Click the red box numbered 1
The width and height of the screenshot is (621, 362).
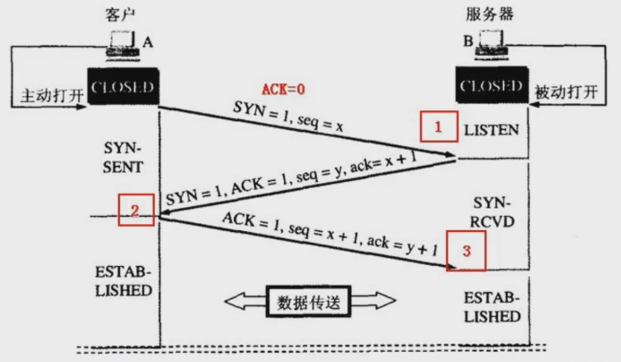tap(438, 128)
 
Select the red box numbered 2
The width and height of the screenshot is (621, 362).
tap(135, 210)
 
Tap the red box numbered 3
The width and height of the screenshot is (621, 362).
tap(466, 251)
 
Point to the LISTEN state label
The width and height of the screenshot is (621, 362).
tap(492, 130)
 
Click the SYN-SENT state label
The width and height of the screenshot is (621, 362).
tap(122, 158)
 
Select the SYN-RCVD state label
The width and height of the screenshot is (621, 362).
tap(493, 212)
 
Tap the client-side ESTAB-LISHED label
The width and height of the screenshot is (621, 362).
tap(123, 281)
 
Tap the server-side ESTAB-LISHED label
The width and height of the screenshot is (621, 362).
tap(492, 307)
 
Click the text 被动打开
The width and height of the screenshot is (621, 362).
tap(565, 92)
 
